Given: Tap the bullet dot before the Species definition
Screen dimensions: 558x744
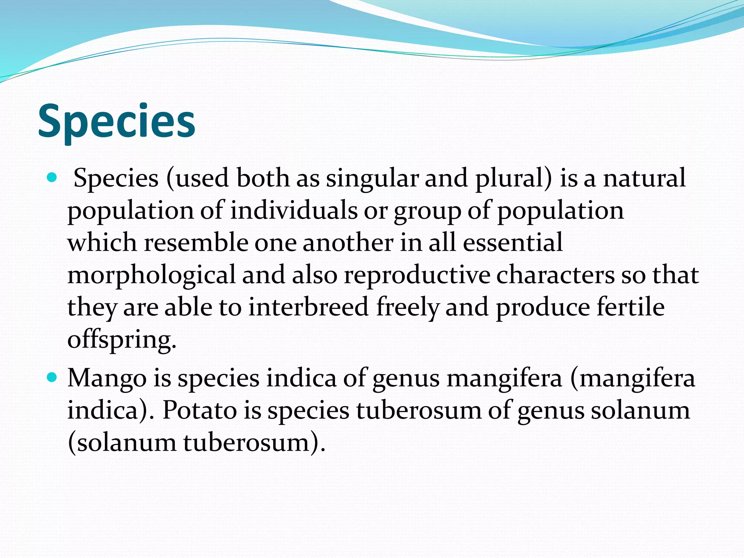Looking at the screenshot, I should pos(52,178).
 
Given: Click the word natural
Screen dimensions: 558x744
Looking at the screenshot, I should pos(644,178).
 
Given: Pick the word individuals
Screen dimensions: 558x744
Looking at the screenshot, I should pos(294,210).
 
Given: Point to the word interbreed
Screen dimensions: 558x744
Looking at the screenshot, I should pos(309,307).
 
